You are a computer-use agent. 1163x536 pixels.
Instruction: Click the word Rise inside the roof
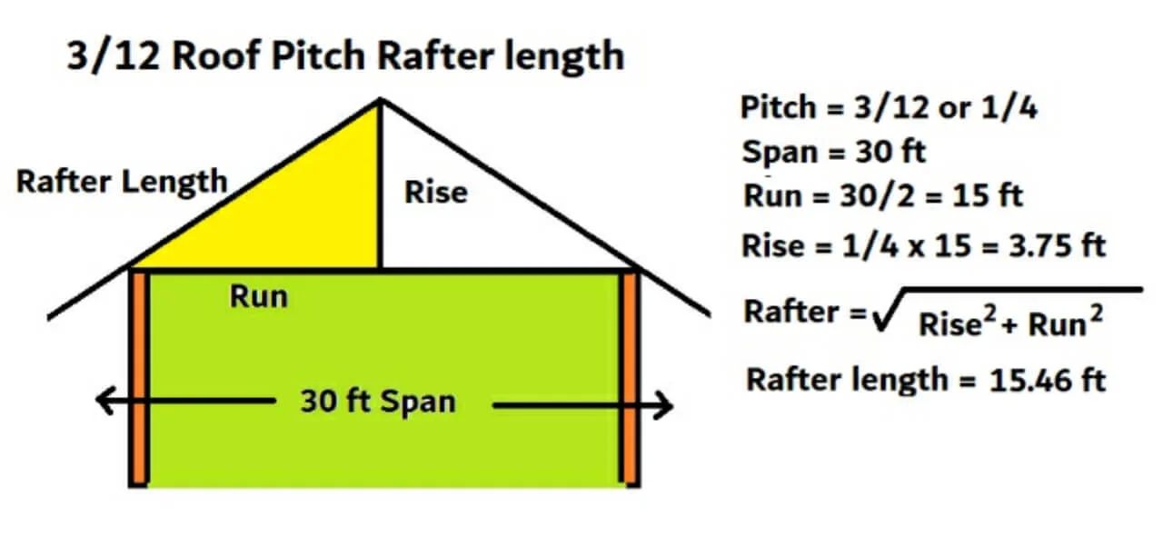[x=435, y=193]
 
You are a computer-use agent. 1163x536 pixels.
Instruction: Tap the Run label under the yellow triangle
[x=258, y=297]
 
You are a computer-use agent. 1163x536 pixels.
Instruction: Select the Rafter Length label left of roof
[x=122, y=181]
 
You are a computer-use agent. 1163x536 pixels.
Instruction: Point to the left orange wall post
[x=138, y=377]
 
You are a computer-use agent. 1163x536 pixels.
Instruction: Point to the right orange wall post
[x=630, y=377]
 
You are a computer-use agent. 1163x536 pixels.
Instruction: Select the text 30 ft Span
[x=377, y=402]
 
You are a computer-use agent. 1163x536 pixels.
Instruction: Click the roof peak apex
[x=379, y=101]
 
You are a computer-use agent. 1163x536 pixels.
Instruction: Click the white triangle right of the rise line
[x=463, y=227]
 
